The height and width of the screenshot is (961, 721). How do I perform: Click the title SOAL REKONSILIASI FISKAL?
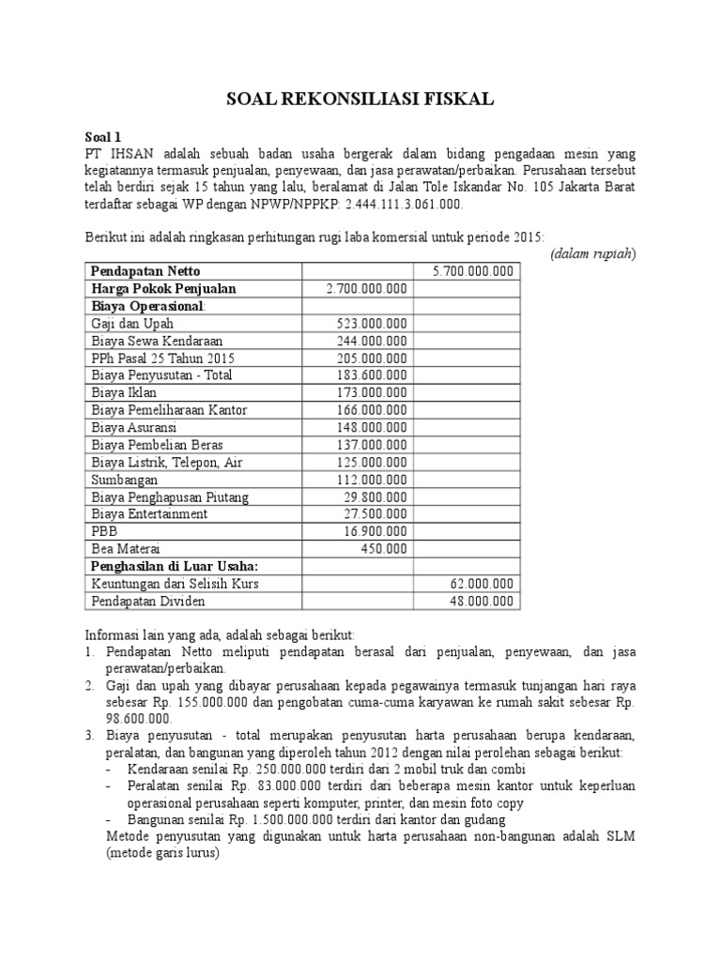(361, 100)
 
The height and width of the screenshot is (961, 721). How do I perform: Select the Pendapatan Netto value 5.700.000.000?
(472, 271)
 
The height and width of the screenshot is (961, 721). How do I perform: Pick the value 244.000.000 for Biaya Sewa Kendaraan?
(372, 341)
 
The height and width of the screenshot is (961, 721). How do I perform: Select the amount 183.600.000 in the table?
(372, 375)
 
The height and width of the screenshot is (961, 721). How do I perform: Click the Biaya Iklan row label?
(124, 392)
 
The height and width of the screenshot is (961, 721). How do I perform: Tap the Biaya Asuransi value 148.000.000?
(372, 427)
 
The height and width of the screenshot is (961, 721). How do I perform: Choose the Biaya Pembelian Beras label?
(158, 445)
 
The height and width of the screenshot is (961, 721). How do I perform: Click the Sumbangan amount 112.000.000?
(372, 480)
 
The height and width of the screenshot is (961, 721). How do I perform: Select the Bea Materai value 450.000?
(384, 549)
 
